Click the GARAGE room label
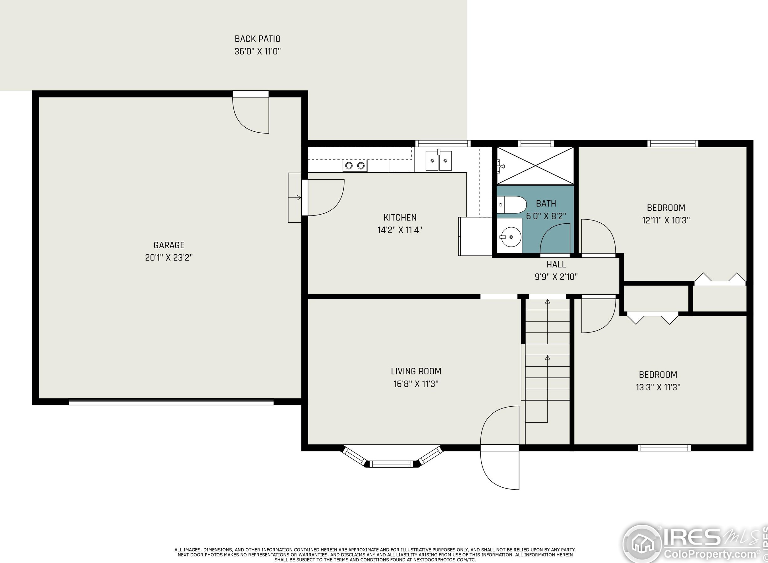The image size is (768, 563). tap(169, 245)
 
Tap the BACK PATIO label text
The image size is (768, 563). tap(258, 39)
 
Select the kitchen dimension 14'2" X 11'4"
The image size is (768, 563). tap(400, 230)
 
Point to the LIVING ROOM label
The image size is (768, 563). tap(416, 371)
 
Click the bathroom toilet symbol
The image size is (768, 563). tap(512, 205)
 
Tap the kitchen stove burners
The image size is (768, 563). tap(355, 166)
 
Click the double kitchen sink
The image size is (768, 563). tap(438, 160)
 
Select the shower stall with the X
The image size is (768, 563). tap(535, 166)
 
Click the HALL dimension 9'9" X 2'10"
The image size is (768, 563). tap(556, 277)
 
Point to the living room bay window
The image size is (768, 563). tap(392, 457)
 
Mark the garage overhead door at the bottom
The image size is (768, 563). tap(171, 402)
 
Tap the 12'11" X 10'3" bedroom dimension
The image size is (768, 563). tap(666, 220)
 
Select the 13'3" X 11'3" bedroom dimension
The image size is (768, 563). tap(658, 387)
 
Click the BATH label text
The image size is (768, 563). tap(546, 203)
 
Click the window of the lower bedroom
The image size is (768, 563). tap(664, 448)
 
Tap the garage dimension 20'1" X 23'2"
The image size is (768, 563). tap(169, 258)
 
